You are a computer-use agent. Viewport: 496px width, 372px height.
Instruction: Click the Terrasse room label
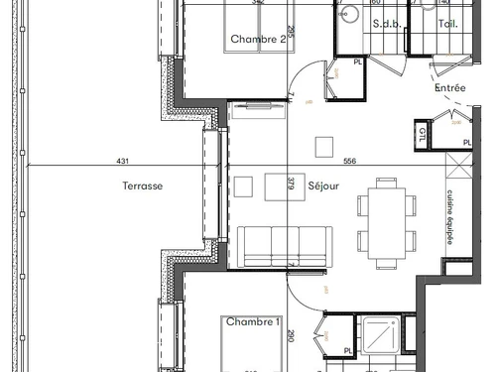[x=143, y=186]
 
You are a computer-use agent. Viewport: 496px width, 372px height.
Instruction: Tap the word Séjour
[x=324, y=186]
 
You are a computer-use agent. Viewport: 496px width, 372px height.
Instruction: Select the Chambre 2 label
[x=258, y=40]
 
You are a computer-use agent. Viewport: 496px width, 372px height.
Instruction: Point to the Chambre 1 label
[x=252, y=322]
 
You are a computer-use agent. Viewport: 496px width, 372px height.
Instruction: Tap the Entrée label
[x=449, y=88]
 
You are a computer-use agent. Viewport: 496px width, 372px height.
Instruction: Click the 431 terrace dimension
[x=122, y=161]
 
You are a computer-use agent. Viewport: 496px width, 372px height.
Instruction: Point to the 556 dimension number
[x=349, y=161]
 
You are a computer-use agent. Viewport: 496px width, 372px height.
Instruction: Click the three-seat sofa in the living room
[x=284, y=246]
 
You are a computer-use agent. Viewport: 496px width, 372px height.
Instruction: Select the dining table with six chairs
[x=386, y=214]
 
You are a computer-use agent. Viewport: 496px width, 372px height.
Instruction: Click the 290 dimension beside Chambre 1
[x=291, y=337]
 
